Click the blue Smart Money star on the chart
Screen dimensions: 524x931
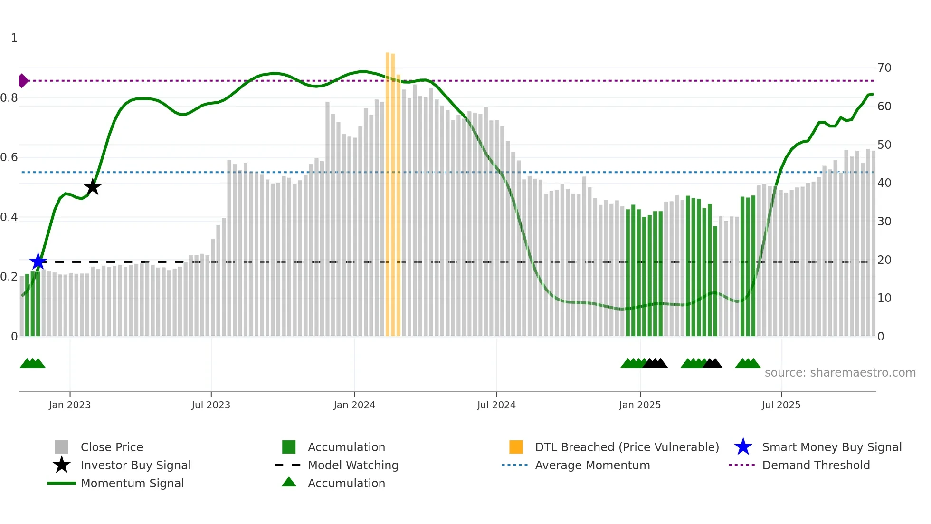[38, 261]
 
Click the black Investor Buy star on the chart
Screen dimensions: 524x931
[93, 187]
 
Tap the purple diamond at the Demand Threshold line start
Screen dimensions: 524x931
[23, 81]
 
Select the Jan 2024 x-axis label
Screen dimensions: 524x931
[354, 405]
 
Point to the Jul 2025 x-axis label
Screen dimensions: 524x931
[781, 405]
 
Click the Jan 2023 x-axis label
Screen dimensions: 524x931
[70, 405]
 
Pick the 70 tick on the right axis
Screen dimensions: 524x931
[884, 68]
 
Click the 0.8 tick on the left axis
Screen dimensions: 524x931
[9, 98]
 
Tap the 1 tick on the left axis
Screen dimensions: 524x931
[14, 38]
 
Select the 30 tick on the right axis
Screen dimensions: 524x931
[884, 221]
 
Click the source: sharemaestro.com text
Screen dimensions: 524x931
[840, 372]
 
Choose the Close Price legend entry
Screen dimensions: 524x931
[112, 447]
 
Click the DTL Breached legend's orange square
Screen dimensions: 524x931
[516, 447]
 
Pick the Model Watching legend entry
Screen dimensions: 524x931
[353, 465]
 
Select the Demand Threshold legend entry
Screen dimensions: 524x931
[816, 465]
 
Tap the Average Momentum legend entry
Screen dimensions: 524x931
[592, 465]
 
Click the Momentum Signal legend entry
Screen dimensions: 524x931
[132, 483]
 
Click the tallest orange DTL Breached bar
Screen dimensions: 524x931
[388, 190]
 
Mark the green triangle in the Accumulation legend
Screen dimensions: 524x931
[289, 482]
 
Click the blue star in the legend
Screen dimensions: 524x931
[743, 447]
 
